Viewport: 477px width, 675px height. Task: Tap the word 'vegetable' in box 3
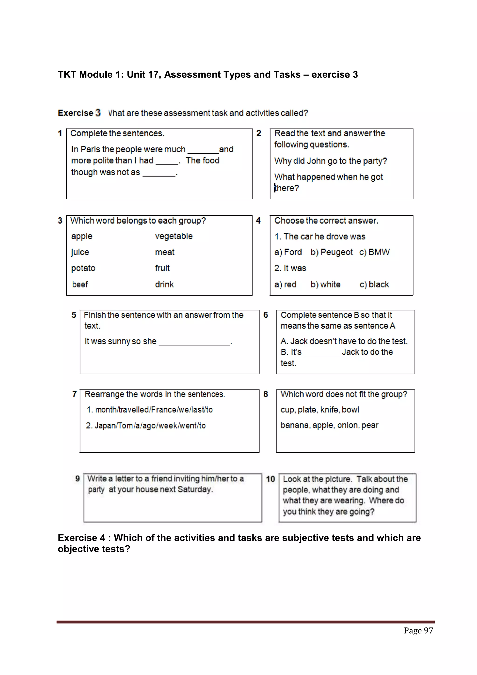174,236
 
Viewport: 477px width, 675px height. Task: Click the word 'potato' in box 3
83,268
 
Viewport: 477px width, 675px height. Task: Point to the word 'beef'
80,285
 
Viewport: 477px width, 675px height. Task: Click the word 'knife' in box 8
328,410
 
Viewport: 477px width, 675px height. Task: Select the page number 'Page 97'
418,631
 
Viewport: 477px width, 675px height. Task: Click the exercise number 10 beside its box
270,479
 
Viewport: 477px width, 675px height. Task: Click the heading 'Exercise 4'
82,538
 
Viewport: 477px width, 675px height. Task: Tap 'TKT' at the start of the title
67,75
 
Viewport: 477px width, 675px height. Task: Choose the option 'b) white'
325,285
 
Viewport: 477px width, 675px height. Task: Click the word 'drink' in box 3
164,285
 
